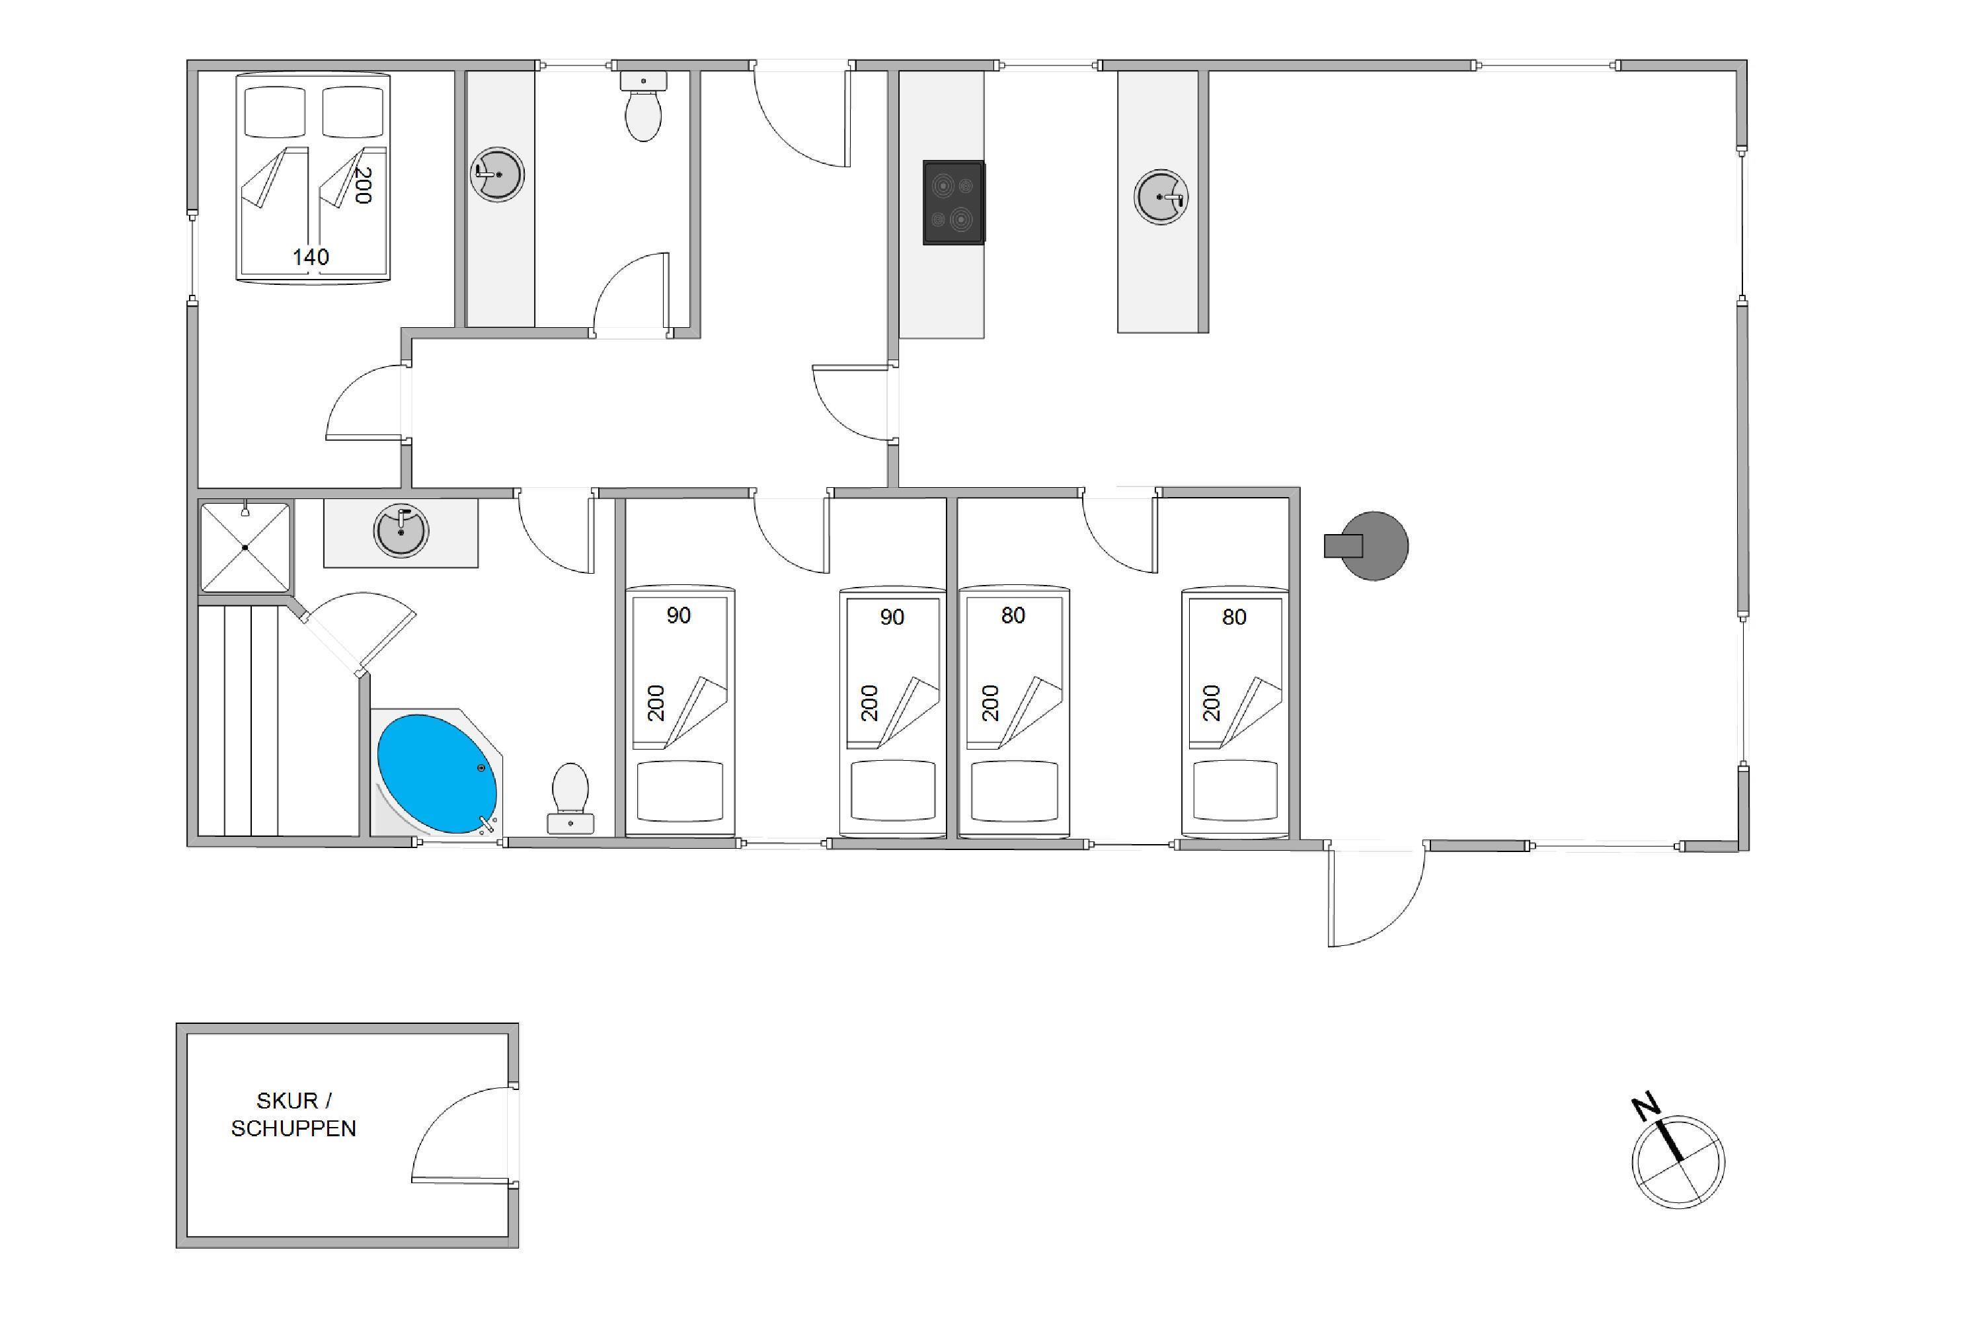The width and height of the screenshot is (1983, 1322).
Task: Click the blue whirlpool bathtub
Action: [x=437, y=774]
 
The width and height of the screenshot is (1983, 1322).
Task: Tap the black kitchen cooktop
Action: [x=954, y=202]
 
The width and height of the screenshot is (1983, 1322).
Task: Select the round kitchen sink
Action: [x=1160, y=196]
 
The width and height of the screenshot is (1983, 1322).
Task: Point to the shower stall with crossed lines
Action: [x=245, y=547]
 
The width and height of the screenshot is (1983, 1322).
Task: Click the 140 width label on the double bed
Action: [x=310, y=257]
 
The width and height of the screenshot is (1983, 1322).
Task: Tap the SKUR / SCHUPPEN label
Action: [x=293, y=1114]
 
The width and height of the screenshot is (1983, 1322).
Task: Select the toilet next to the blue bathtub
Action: [x=571, y=798]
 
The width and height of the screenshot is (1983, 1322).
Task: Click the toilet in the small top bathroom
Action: [x=643, y=106]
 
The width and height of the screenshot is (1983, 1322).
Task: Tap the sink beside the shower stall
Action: [x=401, y=530]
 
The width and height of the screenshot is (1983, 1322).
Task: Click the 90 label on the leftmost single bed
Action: [x=679, y=615]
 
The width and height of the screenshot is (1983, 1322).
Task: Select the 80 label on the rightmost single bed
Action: [x=1234, y=617]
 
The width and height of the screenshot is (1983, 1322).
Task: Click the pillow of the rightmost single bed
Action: [x=1235, y=790]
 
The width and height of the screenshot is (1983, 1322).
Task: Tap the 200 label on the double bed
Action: [x=362, y=186]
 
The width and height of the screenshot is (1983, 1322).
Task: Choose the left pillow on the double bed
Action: [x=275, y=111]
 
